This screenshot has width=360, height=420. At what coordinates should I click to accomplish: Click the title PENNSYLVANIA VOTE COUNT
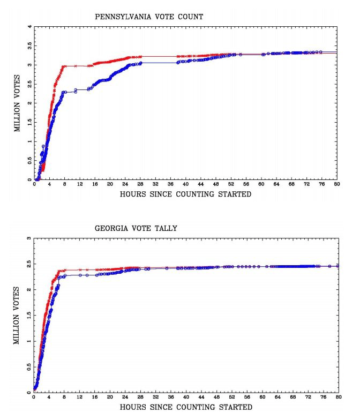(x=149, y=17)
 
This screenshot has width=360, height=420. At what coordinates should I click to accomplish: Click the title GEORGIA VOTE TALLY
(x=136, y=228)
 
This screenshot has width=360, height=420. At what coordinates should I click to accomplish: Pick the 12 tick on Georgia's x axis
(x=79, y=398)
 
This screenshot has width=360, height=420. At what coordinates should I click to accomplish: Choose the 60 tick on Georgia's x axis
(x=261, y=398)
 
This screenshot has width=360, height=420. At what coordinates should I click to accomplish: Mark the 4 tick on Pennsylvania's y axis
(x=30, y=27)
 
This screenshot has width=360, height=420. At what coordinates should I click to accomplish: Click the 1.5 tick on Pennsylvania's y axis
(x=29, y=123)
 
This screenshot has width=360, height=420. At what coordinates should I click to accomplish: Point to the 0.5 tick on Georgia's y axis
(x=28, y=367)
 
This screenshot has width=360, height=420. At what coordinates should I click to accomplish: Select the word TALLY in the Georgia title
(x=165, y=228)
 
